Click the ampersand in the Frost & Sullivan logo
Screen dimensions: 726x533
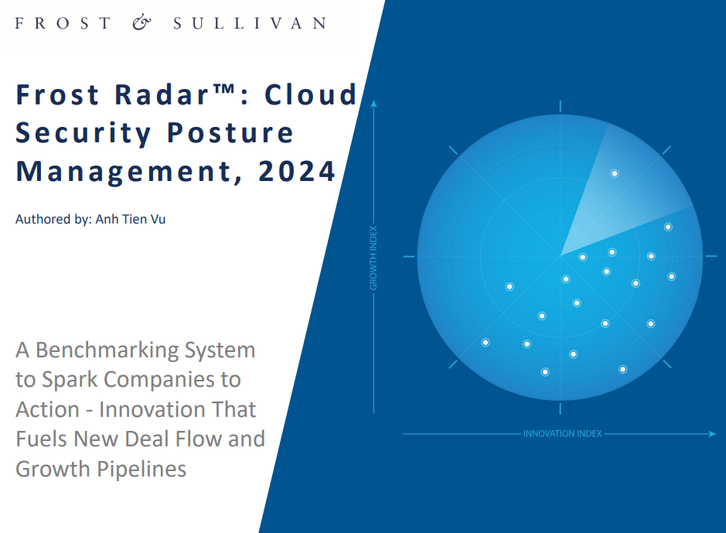point(141,22)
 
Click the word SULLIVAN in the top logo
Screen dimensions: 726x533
point(251,23)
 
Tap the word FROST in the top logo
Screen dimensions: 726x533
point(63,23)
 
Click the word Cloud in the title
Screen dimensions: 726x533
point(310,94)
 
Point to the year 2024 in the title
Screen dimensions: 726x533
point(297,171)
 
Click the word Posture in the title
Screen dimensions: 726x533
point(230,133)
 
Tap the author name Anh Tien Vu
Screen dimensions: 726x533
point(130,219)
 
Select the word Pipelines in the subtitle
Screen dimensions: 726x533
point(141,469)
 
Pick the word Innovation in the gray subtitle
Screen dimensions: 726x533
point(177,409)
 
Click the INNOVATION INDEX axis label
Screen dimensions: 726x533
point(563,434)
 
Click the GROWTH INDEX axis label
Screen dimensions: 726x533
point(373,258)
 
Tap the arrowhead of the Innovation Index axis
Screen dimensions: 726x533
point(713,434)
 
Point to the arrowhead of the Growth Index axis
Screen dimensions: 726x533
point(373,104)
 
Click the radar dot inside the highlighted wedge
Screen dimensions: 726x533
point(615,173)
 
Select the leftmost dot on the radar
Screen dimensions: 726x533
point(486,343)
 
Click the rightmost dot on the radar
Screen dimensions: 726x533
point(671,276)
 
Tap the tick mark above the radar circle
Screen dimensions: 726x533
point(561,106)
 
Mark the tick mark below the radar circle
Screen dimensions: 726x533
point(561,408)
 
